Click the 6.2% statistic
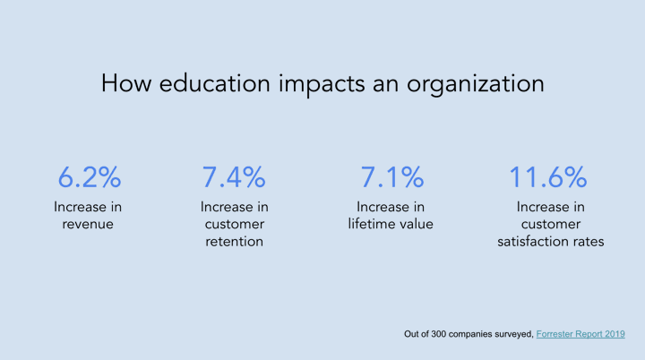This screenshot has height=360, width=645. pyautogui.click(x=90, y=177)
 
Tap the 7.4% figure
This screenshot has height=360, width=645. pyautogui.click(x=234, y=177)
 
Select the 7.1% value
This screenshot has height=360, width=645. pyautogui.click(x=392, y=177)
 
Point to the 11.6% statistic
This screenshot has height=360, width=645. pyautogui.click(x=548, y=177)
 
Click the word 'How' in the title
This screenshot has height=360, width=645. pyautogui.click(x=126, y=83)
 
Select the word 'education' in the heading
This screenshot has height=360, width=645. pyautogui.click(x=215, y=83)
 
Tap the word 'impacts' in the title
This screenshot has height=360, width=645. pyautogui.click(x=322, y=84)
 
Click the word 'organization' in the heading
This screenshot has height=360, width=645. pyautogui.click(x=476, y=84)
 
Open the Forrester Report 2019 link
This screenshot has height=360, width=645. pyautogui.click(x=580, y=334)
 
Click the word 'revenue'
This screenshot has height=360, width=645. pyautogui.click(x=88, y=224)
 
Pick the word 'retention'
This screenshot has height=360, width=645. pyautogui.click(x=234, y=242)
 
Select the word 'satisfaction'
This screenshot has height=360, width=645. pyautogui.click(x=529, y=241)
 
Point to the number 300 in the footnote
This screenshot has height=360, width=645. pyautogui.click(x=438, y=334)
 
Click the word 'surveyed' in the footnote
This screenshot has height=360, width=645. pyautogui.click(x=514, y=335)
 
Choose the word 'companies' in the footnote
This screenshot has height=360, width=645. pyautogui.click(x=470, y=335)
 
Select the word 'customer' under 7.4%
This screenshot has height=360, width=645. pyautogui.click(x=235, y=224)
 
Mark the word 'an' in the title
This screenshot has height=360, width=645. pyautogui.click(x=386, y=85)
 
